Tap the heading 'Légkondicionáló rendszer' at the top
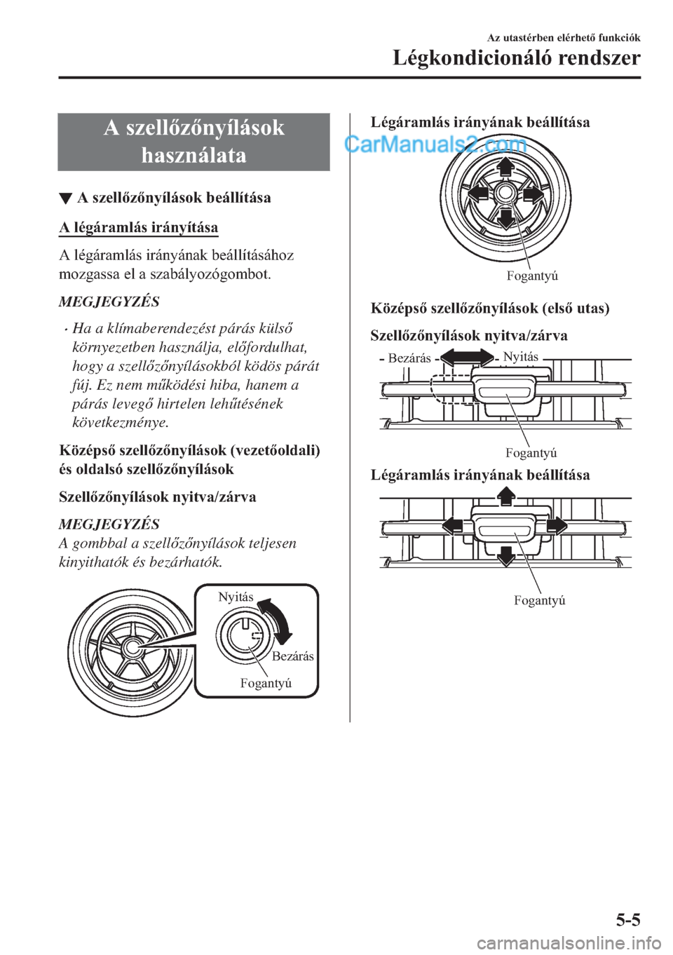516,58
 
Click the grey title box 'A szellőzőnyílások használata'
193,141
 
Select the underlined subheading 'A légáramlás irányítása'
139,227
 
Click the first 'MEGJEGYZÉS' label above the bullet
109,302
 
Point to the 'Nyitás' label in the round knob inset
236,597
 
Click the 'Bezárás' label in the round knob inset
292,656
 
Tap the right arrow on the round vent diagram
533,193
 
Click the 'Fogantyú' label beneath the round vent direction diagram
532,276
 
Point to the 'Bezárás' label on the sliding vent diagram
409,358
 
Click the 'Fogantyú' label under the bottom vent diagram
539,600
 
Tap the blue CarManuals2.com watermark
436,145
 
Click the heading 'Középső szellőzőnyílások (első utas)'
489,308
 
